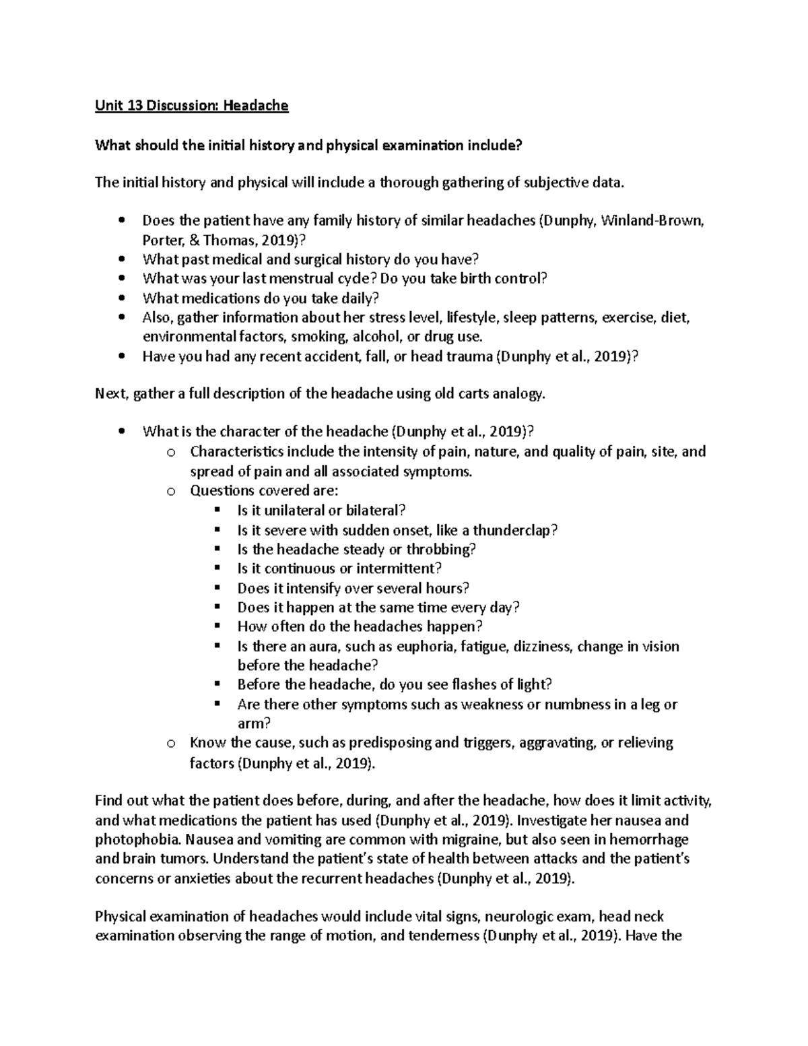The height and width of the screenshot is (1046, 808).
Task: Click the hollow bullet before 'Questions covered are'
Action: tap(170, 491)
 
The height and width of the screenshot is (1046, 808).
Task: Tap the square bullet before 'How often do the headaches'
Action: tap(217, 626)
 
